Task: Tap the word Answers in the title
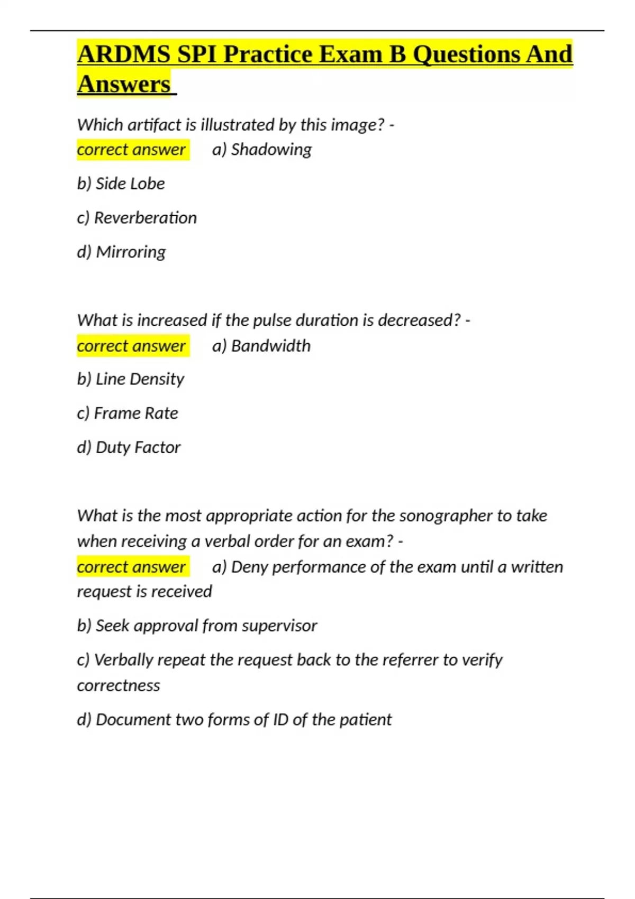tap(124, 84)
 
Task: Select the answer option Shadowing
tap(271, 150)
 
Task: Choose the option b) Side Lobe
tap(121, 184)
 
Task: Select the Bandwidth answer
tap(270, 346)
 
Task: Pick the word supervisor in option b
tap(279, 626)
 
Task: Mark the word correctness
tap(119, 686)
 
